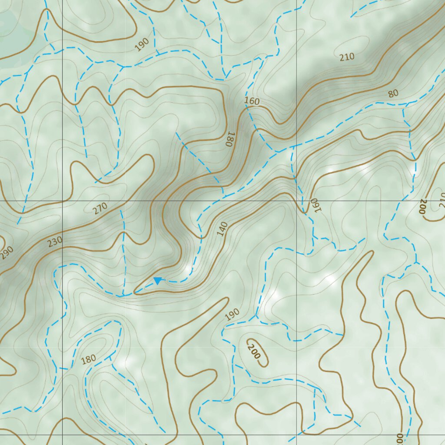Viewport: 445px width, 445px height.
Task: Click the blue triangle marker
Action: tap(158, 281)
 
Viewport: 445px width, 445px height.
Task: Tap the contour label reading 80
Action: tap(393, 93)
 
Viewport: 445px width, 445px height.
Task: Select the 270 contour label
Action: tap(100, 209)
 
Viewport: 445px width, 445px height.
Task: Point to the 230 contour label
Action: tap(55, 241)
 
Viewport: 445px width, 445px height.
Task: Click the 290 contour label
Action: tap(7, 252)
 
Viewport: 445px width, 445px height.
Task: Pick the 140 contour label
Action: tap(222, 229)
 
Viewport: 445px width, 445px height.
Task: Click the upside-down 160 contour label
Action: tap(314, 205)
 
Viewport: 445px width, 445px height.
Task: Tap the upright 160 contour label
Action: tap(252, 101)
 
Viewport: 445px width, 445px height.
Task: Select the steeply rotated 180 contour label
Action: tap(229, 139)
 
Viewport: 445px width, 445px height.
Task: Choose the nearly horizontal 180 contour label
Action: tap(88, 359)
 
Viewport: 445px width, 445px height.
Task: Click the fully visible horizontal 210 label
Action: tap(347, 56)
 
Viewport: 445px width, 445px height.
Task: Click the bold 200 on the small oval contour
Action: tap(254, 351)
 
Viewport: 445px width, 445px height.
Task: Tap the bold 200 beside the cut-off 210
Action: tap(422, 207)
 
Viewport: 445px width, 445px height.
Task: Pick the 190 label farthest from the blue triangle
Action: tap(142, 44)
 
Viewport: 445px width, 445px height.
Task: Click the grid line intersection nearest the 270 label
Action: tap(63, 201)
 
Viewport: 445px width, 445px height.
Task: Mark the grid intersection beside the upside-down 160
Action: tap(296, 201)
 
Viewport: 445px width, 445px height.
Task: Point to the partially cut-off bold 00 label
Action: tap(399, 438)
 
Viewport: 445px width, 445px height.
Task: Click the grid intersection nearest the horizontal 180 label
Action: tap(63, 435)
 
